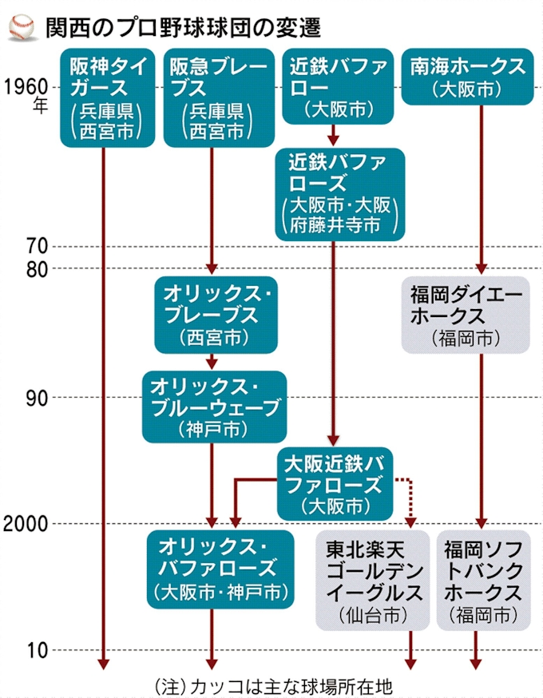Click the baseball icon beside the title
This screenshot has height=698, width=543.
[22, 28]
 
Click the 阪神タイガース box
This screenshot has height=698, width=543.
[108, 98]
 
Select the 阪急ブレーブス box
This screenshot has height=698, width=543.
[219, 98]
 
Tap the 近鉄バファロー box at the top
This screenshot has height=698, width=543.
[338, 86]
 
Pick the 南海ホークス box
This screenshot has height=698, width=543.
[467, 77]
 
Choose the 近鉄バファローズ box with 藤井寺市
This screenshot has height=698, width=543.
[339, 195]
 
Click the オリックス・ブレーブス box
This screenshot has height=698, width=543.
[216, 315]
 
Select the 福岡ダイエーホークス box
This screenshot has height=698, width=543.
[466, 315]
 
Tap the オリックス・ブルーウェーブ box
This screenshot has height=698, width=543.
[215, 407]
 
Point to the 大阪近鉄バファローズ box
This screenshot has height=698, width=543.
[335, 484]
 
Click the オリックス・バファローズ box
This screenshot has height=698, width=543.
[220, 569]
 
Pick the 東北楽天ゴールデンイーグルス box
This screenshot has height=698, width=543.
[373, 580]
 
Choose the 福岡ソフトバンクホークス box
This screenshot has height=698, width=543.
[484, 580]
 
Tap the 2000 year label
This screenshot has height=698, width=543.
[26, 524]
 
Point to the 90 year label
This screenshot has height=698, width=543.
[37, 398]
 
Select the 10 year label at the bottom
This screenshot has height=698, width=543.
[37, 651]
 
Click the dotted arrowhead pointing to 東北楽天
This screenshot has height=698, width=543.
[410, 522]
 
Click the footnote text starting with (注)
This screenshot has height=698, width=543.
[273, 686]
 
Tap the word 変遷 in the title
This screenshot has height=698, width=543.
[299, 28]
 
